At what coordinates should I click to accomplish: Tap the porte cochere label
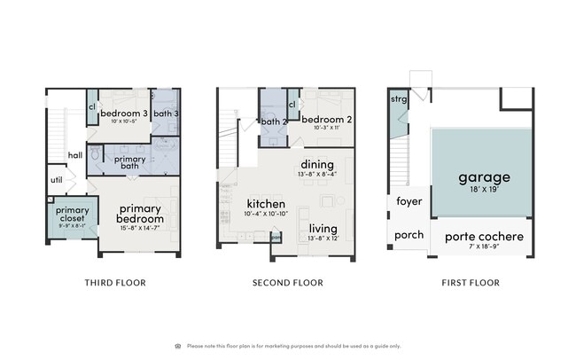[x=484, y=237]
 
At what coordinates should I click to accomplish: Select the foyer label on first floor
[x=409, y=201]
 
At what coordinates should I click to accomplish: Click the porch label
[x=409, y=235]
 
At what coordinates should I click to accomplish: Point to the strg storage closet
[x=399, y=99]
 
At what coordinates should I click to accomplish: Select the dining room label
[x=317, y=165]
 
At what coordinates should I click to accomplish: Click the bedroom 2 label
[x=327, y=119]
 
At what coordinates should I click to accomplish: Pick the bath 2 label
[x=271, y=121]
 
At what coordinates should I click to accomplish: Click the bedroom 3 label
[x=124, y=113]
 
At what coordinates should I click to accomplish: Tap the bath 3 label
[x=166, y=113]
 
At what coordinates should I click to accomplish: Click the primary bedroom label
[x=140, y=214]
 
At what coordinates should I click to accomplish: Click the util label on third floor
[x=56, y=179]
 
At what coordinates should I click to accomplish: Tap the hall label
[x=75, y=156]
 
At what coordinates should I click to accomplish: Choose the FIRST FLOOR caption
[x=461, y=283]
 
